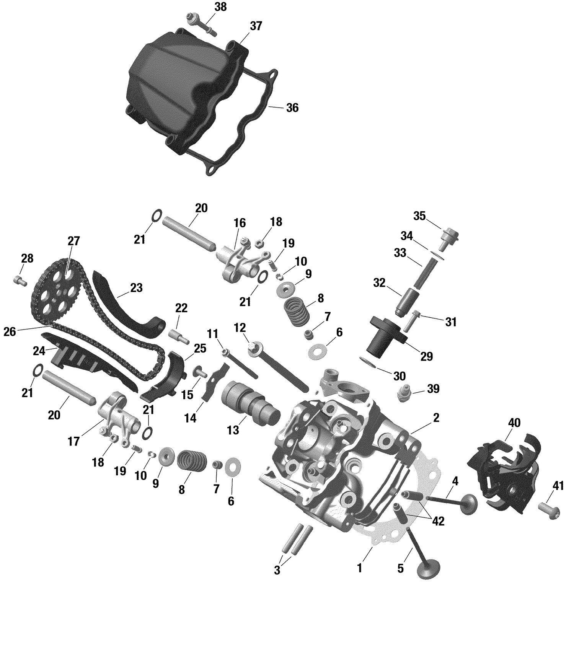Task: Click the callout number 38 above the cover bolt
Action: (220, 7)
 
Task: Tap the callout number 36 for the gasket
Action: (292, 108)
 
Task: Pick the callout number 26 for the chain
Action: (10, 332)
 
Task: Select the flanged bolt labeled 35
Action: (450, 234)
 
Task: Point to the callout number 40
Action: (514, 423)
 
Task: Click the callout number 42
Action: (438, 521)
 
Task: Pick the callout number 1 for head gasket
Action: (359, 568)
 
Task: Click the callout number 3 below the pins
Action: (277, 571)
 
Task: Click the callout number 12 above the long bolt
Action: (240, 328)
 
